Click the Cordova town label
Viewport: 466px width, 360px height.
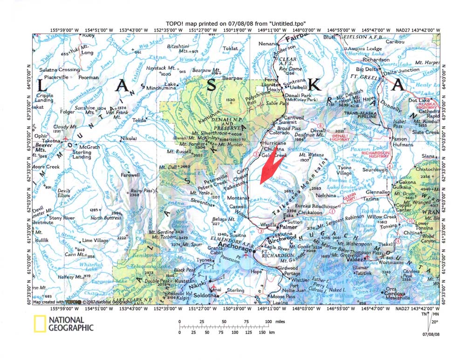pos(397,293)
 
